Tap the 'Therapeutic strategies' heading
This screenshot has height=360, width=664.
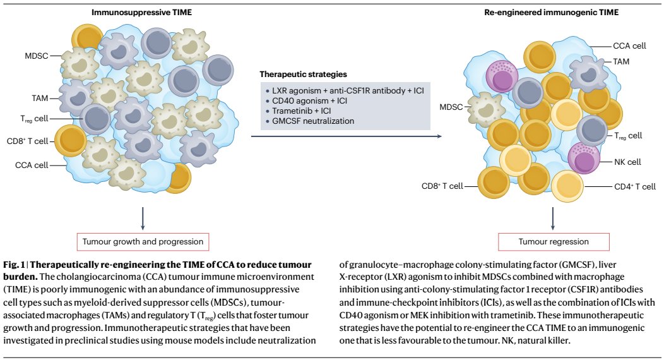(302, 75)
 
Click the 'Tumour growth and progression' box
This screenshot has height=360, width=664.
(142, 241)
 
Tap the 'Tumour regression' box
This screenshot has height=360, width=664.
(554, 241)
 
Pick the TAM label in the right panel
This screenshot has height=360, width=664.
(622, 61)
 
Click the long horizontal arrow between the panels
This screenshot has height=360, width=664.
(350, 135)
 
